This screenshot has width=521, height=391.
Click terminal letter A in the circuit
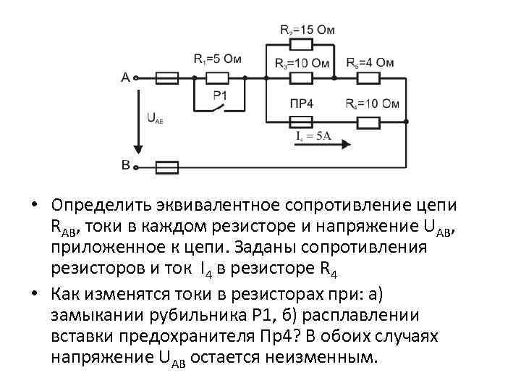(126, 77)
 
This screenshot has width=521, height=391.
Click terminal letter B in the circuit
(126, 167)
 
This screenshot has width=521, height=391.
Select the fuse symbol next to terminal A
(167, 77)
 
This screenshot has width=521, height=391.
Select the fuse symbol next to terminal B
(167, 167)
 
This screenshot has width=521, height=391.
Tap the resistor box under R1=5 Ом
(213, 77)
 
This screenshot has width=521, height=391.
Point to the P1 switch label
(220, 95)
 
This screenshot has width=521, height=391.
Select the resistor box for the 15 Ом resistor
(300, 43)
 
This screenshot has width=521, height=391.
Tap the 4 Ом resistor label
(370, 62)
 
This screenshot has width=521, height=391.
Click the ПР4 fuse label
(301, 104)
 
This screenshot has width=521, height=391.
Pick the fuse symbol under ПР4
(301, 120)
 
